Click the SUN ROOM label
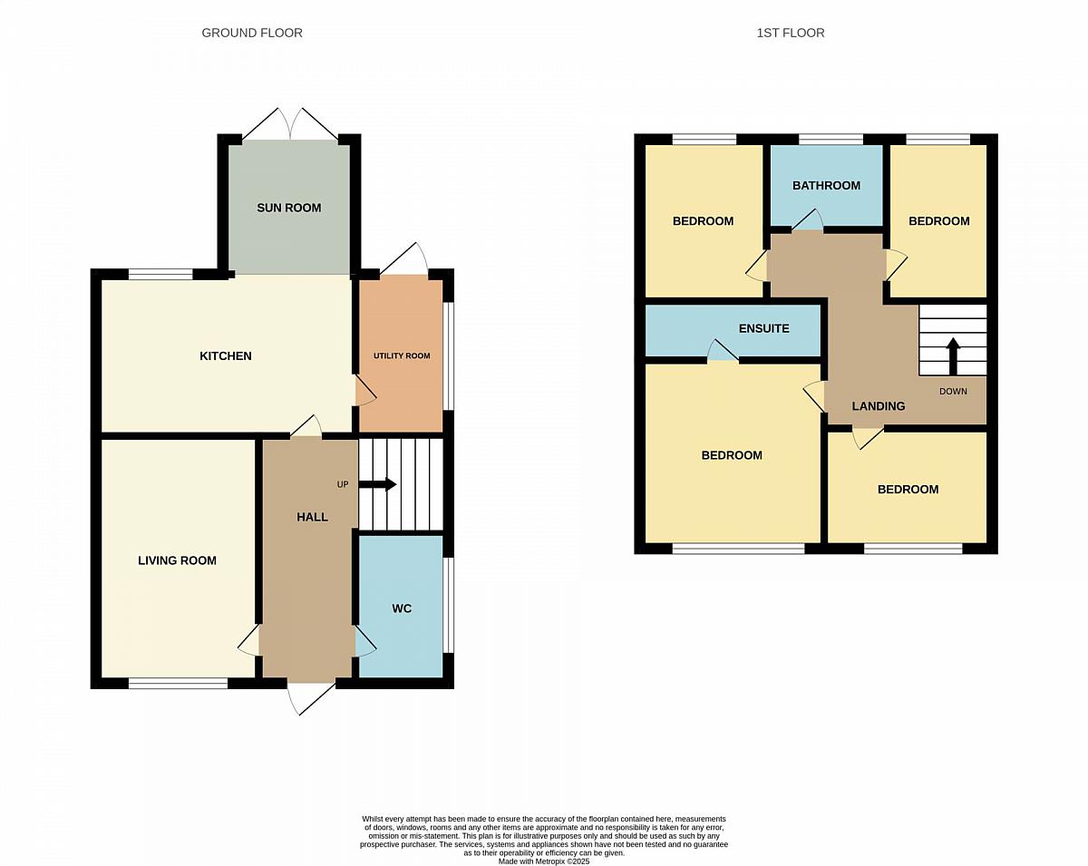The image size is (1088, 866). (x=288, y=208)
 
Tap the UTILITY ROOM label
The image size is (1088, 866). (x=402, y=355)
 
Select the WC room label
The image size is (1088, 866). (x=402, y=608)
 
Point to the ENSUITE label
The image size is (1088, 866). (x=764, y=328)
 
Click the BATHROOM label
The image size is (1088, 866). (x=826, y=186)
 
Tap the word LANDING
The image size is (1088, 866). (x=879, y=406)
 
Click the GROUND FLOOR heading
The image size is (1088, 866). (x=252, y=33)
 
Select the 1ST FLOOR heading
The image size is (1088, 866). (x=791, y=33)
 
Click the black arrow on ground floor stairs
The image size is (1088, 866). (x=377, y=484)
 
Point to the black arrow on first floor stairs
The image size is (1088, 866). (x=953, y=356)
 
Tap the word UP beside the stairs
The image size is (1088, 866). (x=343, y=484)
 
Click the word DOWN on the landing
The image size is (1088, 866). (x=953, y=392)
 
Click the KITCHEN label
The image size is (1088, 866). (x=226, y=356)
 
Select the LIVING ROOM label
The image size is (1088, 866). (x=177, y=560)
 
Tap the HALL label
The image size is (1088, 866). (x=312, y=517)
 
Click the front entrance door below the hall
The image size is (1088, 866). (x=311, y=697)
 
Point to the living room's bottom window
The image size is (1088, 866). (x=178, y=684)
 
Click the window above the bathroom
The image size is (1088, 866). (x=831, y=139)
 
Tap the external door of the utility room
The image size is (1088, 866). (x=404, y=259)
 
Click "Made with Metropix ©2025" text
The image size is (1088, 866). (x=544, y=861)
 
